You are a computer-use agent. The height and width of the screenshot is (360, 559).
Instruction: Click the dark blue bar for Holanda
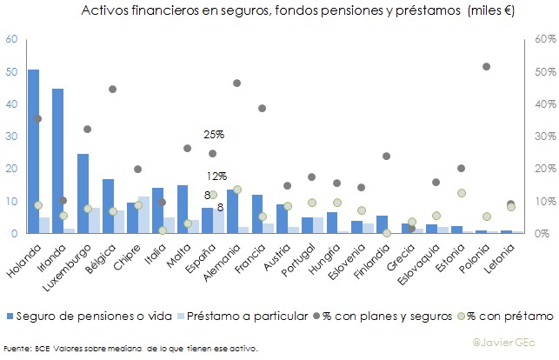tap(33, 151)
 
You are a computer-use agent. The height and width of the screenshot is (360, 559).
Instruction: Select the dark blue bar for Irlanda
tap(57, 161)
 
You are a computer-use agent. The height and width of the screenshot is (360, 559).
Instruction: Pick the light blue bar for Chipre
tap(143, 215)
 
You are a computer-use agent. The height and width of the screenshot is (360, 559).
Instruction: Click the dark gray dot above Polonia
tap(487, 67)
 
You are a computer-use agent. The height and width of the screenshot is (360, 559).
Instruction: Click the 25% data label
tap(214, 135)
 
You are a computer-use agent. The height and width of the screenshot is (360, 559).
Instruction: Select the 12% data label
tap(216, 176)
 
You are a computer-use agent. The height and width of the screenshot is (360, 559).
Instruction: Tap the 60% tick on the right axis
tap(544, 39)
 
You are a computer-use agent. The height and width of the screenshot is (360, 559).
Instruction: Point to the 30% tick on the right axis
tap(544, 137)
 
